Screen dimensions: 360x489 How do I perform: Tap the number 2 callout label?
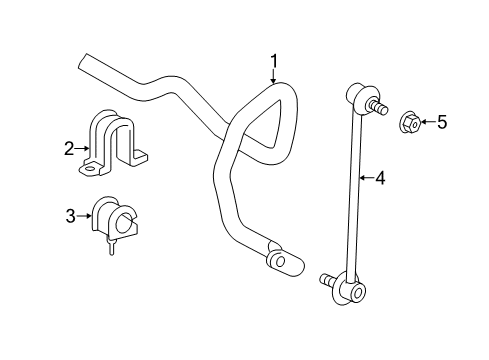69,149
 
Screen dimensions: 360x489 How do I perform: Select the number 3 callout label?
69,215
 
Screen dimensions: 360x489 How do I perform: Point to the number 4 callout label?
380,180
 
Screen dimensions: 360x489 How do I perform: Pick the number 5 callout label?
441,123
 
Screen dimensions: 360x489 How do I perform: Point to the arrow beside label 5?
426,123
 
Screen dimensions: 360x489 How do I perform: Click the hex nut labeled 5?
410,123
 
